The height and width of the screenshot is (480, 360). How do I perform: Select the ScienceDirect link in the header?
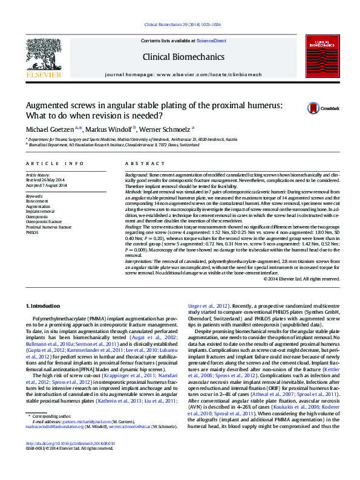pyautogui.click(x=211, y=41)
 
